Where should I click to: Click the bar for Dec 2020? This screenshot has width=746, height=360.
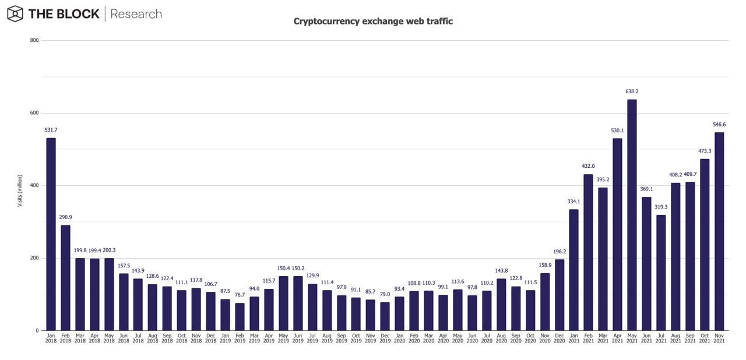pos(559,295)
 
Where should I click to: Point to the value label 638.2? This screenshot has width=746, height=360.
pos(632,91)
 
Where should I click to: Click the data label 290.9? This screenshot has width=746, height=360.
pos(65,217)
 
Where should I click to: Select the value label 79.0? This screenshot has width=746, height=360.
pos(385,294)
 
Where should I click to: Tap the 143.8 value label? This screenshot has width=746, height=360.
pos(501,271)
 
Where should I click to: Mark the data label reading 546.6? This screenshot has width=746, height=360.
pos(719,125)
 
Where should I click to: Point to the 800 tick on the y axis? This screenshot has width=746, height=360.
pos(34,40)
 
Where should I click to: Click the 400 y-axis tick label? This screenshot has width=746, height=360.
pos(34,185)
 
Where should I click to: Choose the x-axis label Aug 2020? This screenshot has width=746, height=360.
pos(501,338)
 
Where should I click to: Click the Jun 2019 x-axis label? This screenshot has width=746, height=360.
pos(298,338)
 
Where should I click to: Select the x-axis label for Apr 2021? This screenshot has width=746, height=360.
pos(617,338)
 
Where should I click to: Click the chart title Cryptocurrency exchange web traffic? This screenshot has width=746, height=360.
pos(373,22)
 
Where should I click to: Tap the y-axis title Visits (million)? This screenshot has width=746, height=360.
pos(19,191)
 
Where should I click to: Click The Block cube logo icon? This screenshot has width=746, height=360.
pos(15,13)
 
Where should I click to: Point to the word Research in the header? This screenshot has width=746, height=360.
pos(136,14)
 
